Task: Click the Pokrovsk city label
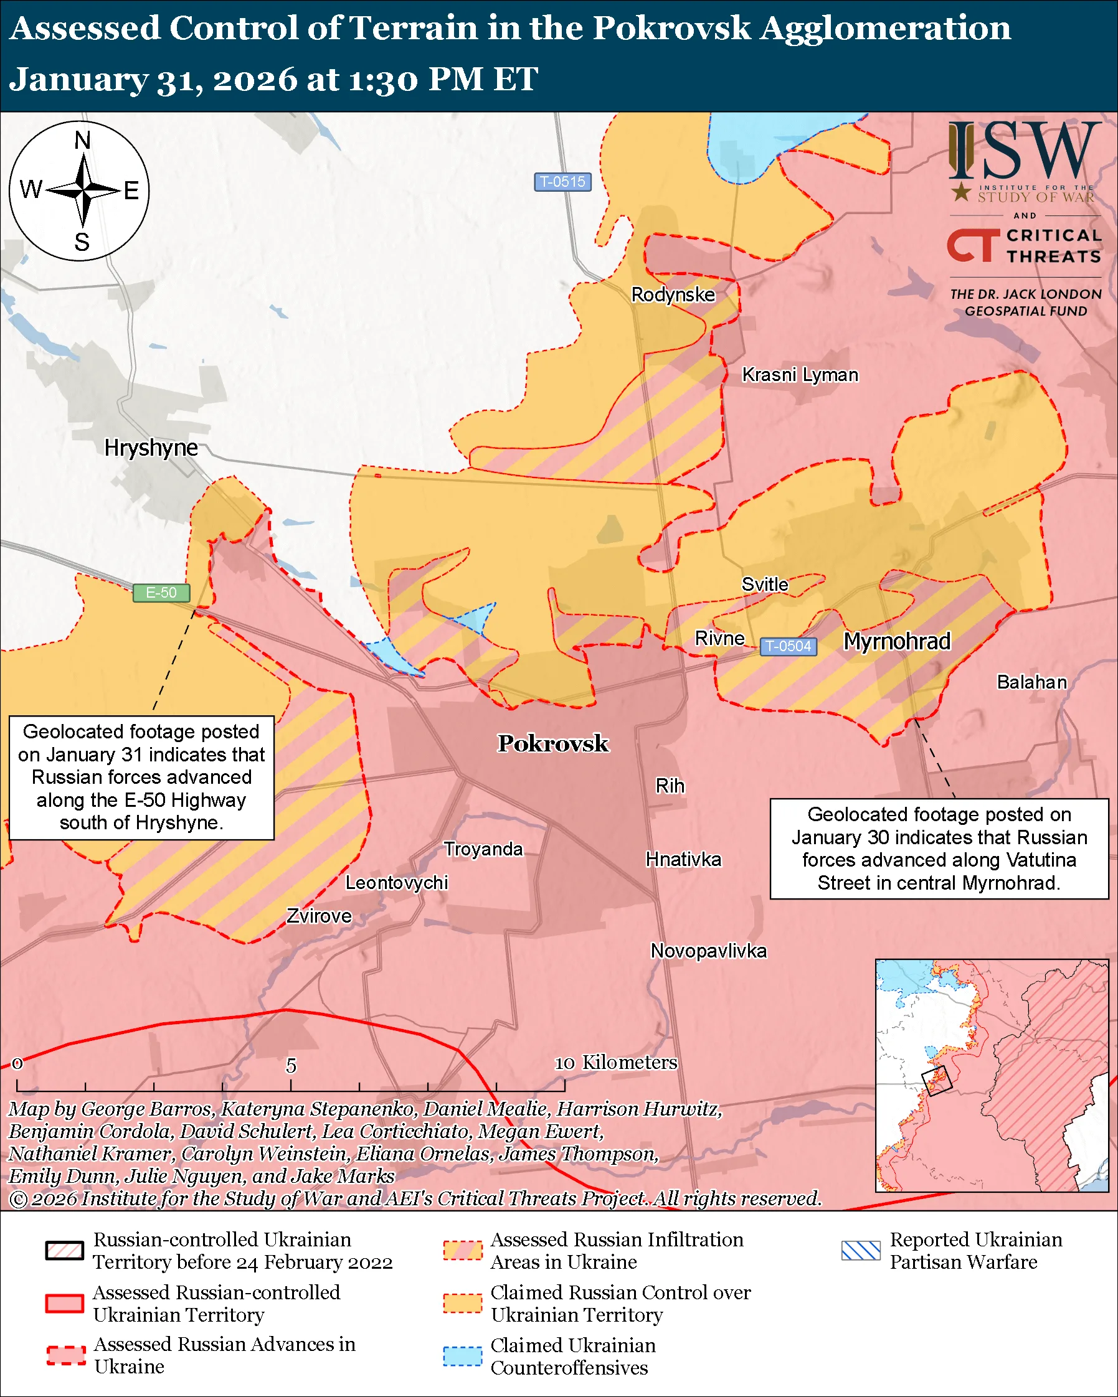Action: pos(553,743)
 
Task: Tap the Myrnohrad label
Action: pos(896,641)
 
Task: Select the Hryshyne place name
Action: pos(151,448)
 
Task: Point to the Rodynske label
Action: pos(673,295)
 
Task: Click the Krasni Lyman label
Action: pos(800,375)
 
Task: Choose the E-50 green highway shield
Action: pos(161,592)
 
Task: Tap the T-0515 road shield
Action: pos(562,181)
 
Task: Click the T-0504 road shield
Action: pos(787,646)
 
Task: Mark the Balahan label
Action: pos(1031,682)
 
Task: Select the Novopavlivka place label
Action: pos(708,951)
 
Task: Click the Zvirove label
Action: pos(319,916)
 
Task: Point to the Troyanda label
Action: pos(483,849)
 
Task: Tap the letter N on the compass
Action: pos(82,140)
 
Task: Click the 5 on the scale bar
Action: pos(291,1066)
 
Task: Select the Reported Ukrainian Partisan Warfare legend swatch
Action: pos(861,1251)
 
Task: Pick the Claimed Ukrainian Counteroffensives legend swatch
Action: pos(462,1356)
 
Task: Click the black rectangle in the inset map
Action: pos(937,1080)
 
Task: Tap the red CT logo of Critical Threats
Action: pos(972,245)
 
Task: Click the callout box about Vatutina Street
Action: pos(939,848)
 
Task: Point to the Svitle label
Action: pos(765,585)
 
